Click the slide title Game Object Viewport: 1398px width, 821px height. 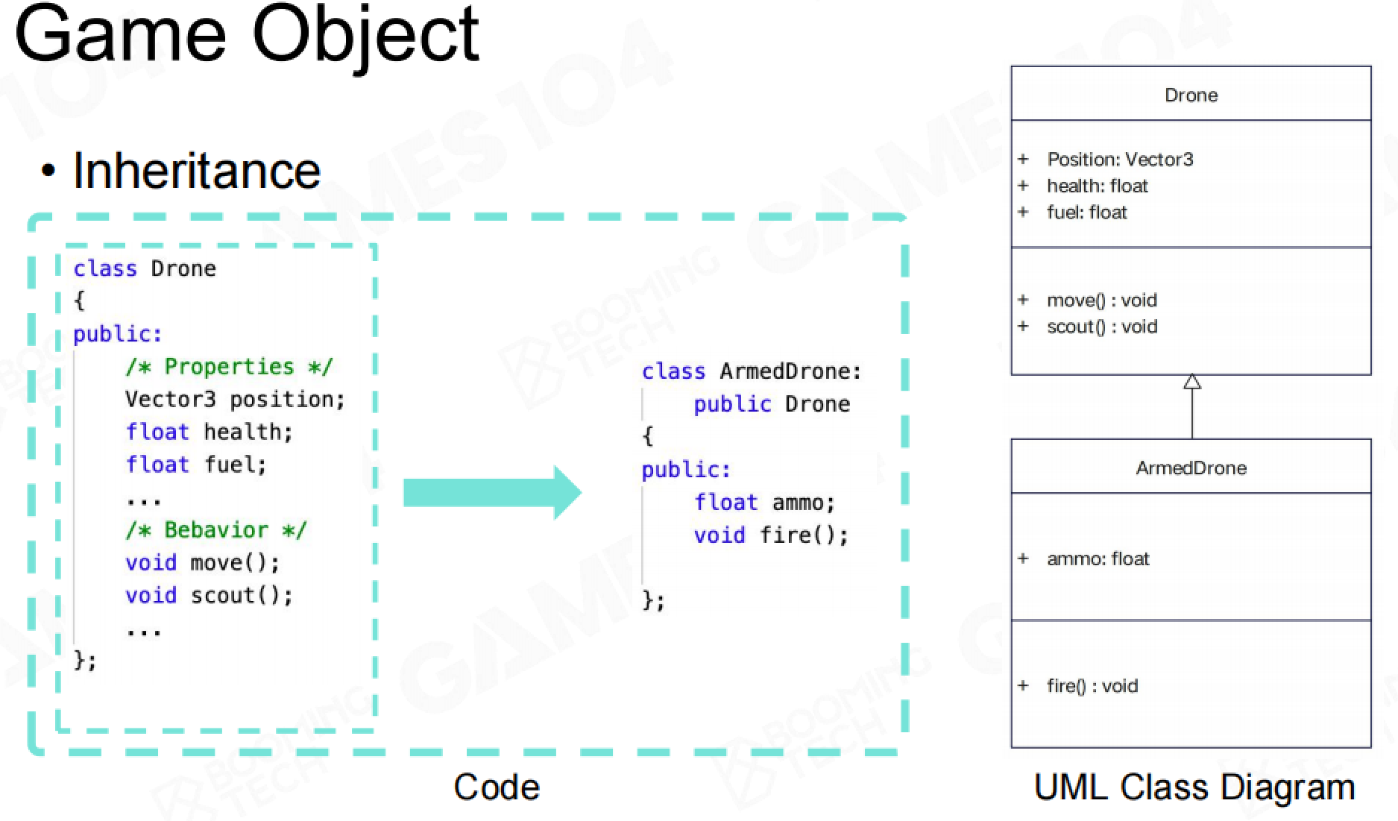pos(247,36)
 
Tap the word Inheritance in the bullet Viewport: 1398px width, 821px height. pos(197,171)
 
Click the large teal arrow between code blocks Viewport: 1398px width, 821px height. pos(492,493)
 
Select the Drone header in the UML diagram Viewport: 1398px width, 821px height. pos(1191,95)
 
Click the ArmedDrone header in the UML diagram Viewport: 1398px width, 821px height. pos(1191,468)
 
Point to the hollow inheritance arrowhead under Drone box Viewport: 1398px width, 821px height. pos(1192,382)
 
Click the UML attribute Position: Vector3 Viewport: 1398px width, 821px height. pos(1120,160)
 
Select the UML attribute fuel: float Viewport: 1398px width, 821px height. pos(1086,213)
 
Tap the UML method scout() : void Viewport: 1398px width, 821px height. pos(1102,327)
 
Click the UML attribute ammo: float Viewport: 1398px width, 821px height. pos(1098,559)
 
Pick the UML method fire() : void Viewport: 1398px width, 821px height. pos(1092,686)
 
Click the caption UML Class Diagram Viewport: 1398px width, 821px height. pos(1194,787)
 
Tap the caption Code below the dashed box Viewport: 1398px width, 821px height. pos(497,787)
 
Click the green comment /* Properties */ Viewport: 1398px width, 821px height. pos(229,367)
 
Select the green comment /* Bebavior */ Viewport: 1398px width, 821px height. pos(215,530)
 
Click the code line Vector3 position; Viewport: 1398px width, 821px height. pos(235,400)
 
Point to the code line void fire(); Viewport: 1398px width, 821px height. pos(771,535)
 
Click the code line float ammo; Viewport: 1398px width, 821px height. pos(764,503)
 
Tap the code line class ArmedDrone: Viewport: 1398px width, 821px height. pos(752,371)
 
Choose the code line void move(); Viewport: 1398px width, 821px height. pos(202,563)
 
